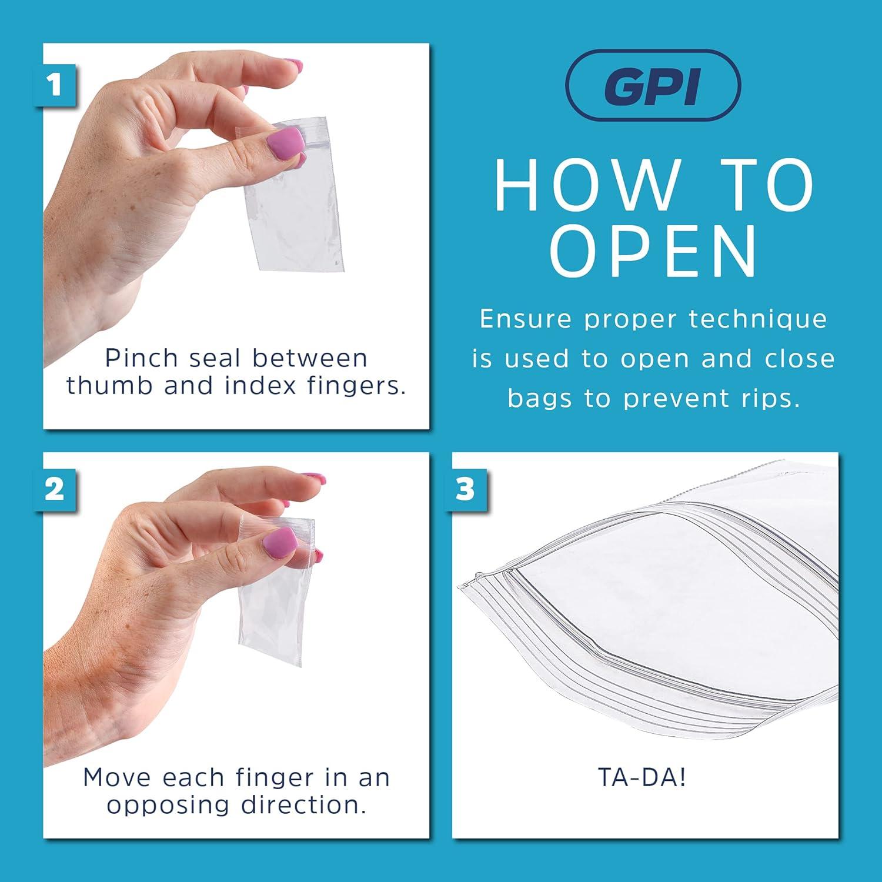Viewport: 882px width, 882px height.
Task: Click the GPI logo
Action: point(653,85)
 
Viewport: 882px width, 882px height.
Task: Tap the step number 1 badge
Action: point(55,85)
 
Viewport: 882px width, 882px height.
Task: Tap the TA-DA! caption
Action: point(642,777)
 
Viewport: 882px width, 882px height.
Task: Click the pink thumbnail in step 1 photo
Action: point(286,143)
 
